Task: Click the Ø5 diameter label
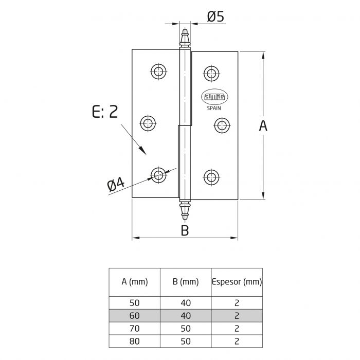pyautogui.click(x=215, y=17)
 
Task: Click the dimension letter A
pyautogui.click(x=263, y=125)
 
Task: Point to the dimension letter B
pyautogui.click(x=185, y=230)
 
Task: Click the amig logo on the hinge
pyautogui.click(x=218, y=97)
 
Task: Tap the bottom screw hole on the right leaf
pyautogui.click(x=210, y=177)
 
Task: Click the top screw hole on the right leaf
pyautogui.click(x=210, y=73)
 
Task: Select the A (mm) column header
pyautogui.click(x=135, y=282)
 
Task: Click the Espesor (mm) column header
pyautogui.click(x=237, y=282)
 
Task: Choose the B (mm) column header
pyautogui.click(x=186, y=282)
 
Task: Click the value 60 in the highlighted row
pyautogui.click(x=135, y=316)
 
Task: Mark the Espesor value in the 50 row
pyautogui.click(x=237, y=303)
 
